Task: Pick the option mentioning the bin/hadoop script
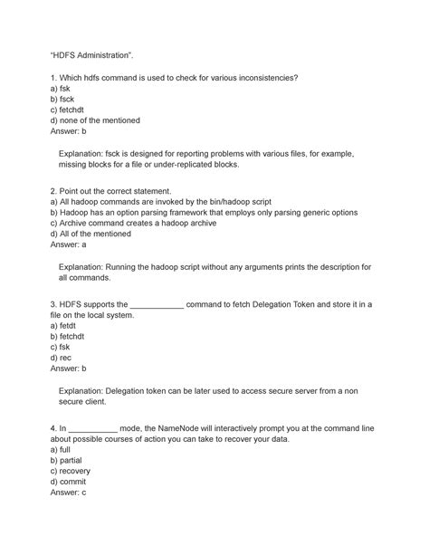[x=161, y=202]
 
